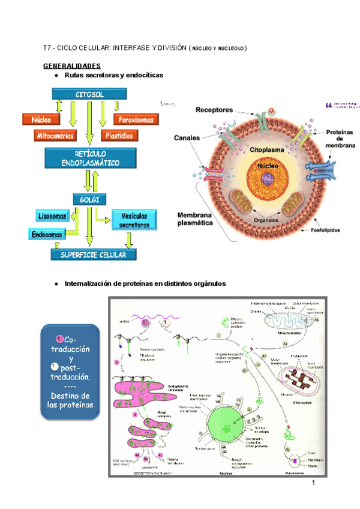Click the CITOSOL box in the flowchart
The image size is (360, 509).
90,95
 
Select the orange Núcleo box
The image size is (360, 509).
41,119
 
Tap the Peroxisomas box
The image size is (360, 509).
136,119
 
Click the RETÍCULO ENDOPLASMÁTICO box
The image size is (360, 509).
90,159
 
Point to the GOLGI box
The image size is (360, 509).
90,199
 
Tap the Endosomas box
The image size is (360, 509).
46,235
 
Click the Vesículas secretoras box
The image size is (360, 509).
134,220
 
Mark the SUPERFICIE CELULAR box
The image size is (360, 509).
94,254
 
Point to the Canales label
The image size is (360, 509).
187,137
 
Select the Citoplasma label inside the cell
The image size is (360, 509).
269,148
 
